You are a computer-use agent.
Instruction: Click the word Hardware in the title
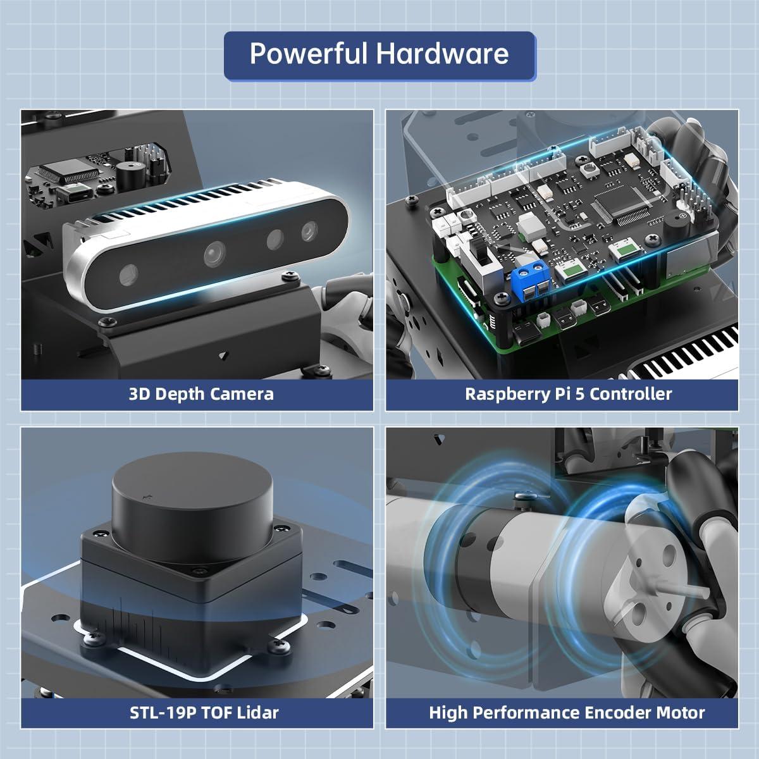coord(443,53)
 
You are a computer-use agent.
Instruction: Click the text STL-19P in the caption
coord(160,713)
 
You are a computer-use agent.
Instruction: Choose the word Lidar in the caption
coord(257,713)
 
